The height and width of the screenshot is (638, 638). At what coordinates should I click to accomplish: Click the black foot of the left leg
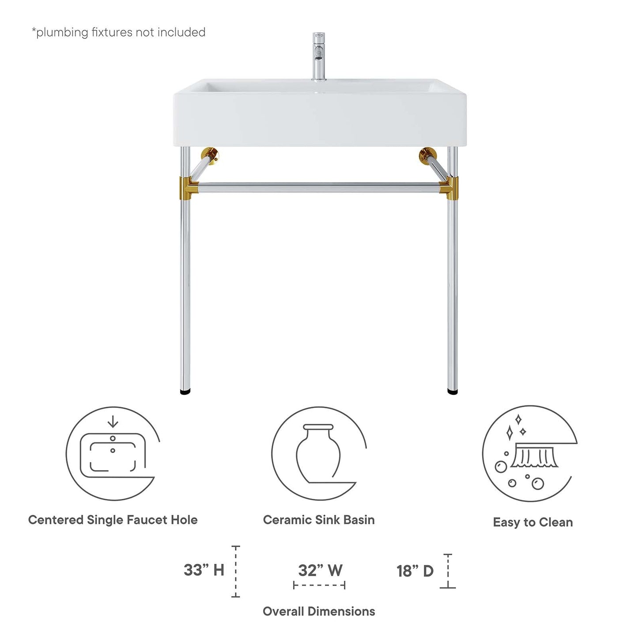186,391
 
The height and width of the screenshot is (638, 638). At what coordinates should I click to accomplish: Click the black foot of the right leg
453,391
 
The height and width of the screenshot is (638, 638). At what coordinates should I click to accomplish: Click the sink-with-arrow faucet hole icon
113,453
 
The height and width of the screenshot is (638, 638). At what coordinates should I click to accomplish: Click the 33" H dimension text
204,570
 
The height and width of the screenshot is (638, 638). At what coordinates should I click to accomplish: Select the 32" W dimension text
320,570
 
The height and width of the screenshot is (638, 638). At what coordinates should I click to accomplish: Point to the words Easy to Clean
533,522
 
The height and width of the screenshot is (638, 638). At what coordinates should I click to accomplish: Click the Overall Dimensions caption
319,612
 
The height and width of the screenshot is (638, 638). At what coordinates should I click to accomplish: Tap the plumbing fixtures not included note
118,32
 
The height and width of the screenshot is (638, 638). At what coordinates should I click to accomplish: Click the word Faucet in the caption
142,520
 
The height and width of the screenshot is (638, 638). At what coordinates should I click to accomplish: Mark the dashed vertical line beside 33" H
236,572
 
